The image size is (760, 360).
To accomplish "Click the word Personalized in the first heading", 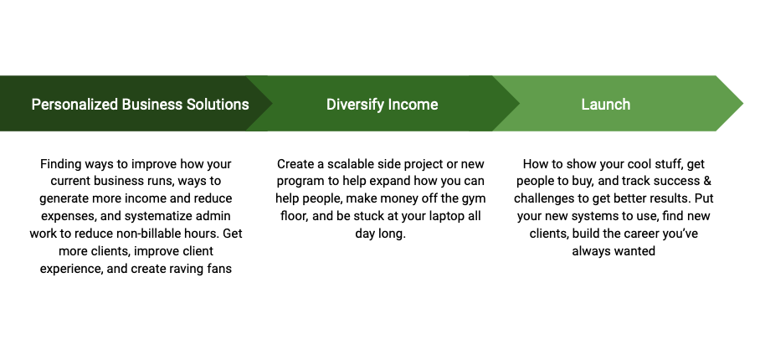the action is tap(74, 104).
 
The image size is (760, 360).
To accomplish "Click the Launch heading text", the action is tap(606, 104).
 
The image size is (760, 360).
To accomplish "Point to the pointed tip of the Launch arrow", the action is tap(743, 103).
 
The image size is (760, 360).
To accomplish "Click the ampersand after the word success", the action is tap(707, 181).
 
